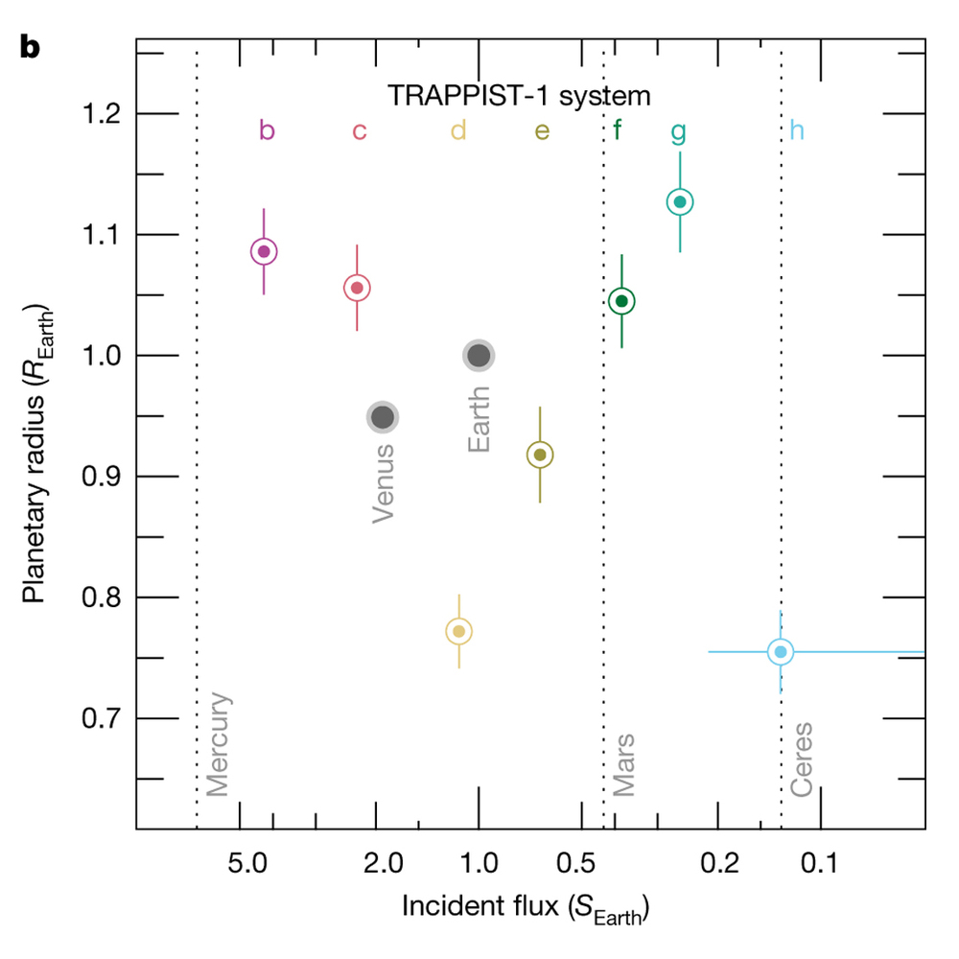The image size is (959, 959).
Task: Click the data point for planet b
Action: [264, 251]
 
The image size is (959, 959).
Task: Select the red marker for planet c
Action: [357, 288]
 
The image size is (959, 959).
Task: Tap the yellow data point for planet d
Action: [459, 631]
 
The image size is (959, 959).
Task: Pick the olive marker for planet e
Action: [540, 455]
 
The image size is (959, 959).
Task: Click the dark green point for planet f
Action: [621, 301]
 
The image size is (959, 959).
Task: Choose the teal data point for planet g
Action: [680, 202]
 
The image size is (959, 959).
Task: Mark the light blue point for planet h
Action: [781, 652]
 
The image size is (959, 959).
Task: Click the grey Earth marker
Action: [479, 356]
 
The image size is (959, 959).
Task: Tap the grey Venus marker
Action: [383, 417]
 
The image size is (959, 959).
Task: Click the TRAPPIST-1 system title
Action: [519, 96]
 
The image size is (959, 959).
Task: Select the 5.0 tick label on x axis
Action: [246, 863]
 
